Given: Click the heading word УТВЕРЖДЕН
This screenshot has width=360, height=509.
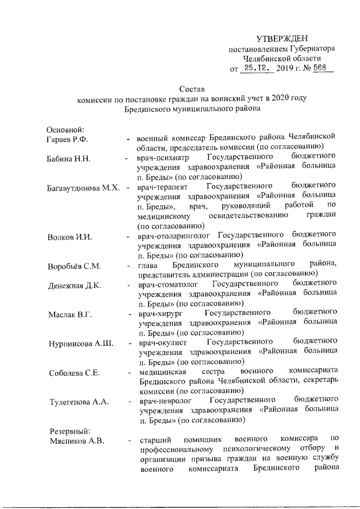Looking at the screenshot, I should click(x=282, y=38).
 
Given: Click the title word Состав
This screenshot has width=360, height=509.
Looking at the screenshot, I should click(x=192, y=89).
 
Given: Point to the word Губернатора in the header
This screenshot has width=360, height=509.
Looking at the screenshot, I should click(x=310, y=48).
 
